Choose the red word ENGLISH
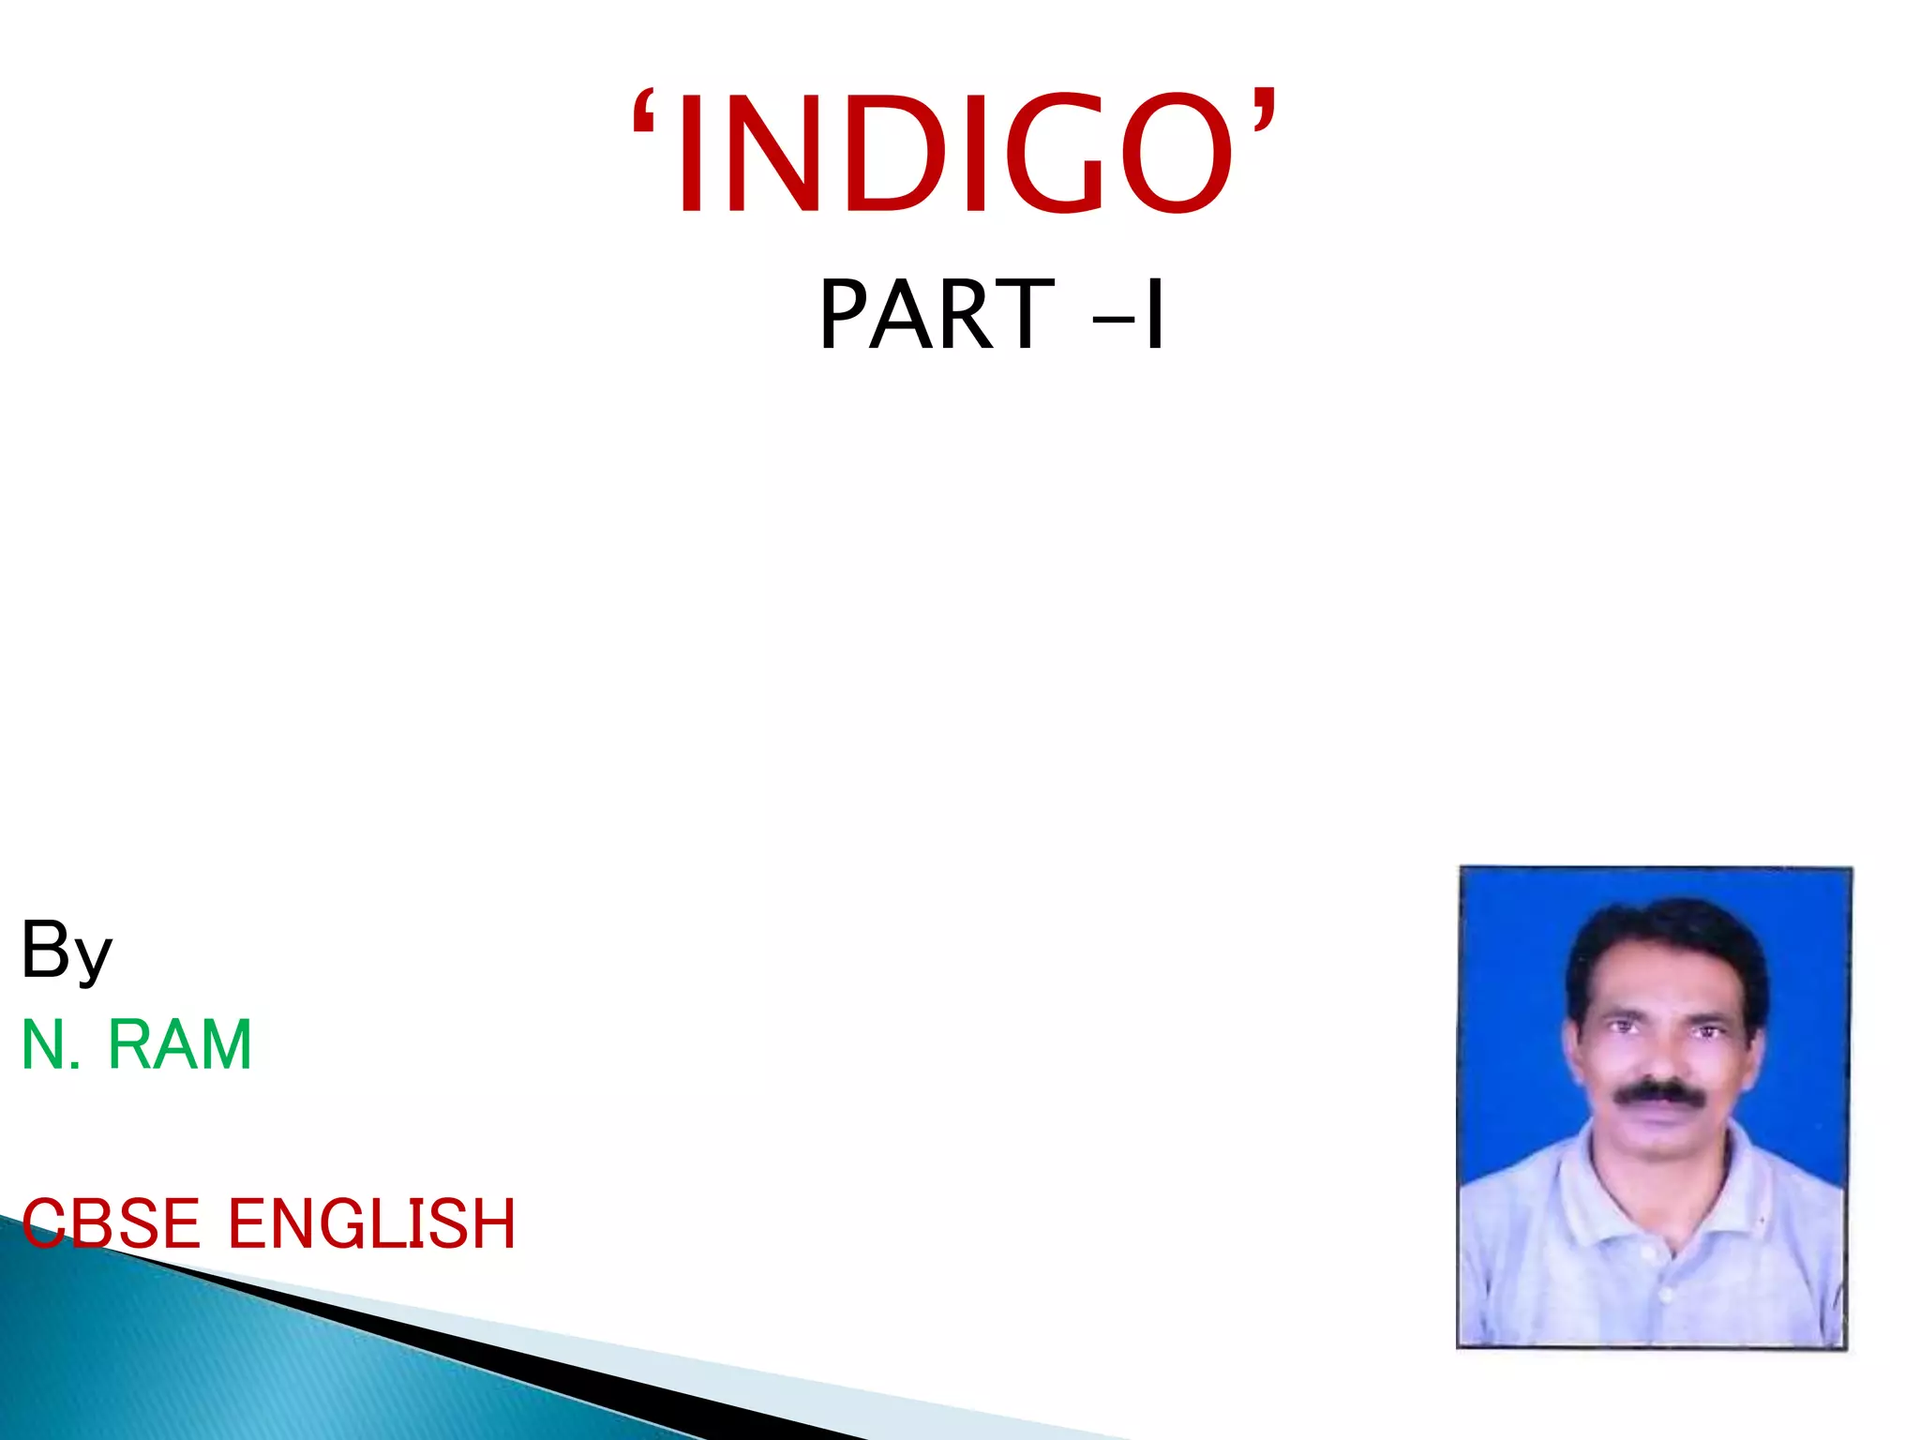(x=371, y=1223)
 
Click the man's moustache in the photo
(x=1657, y=1093)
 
